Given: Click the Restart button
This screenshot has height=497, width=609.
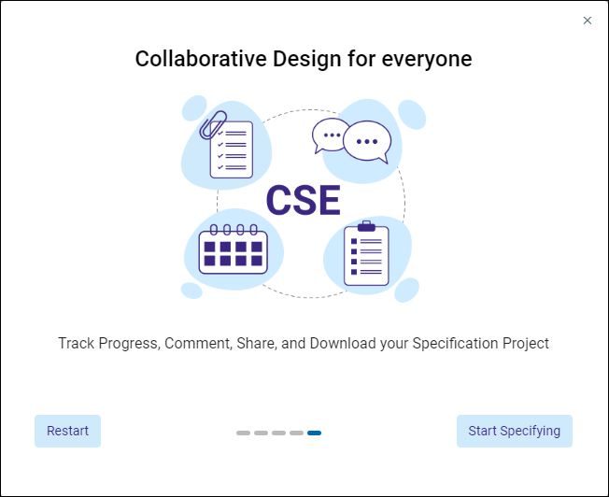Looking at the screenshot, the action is point(67,431).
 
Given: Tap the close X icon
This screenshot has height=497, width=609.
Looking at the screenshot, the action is point(588,21).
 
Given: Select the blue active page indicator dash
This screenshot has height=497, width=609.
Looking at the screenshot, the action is point(314,433).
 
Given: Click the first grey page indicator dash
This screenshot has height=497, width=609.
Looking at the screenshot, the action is point(243,433).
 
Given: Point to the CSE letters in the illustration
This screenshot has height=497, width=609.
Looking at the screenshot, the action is point(304,201).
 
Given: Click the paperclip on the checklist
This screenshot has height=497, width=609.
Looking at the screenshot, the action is point(213,125).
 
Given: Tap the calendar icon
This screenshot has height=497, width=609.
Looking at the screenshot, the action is point(233,249).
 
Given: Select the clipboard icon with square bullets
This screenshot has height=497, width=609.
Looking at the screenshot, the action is point(366,253).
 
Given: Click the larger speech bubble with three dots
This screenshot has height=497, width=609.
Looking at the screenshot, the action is point(367,142).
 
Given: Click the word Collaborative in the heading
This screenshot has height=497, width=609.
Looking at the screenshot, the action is point(201,59).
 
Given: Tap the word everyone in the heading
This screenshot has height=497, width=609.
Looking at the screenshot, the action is point(427,60).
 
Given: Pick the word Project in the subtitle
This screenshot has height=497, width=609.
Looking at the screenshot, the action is point(526,344).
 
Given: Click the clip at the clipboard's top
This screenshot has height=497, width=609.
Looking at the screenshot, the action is point(366,226).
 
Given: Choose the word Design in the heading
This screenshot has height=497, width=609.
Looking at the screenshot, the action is point(305,60).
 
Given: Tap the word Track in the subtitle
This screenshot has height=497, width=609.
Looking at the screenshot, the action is point(77,343).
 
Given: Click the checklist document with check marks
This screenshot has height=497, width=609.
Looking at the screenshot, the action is point(232,149).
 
